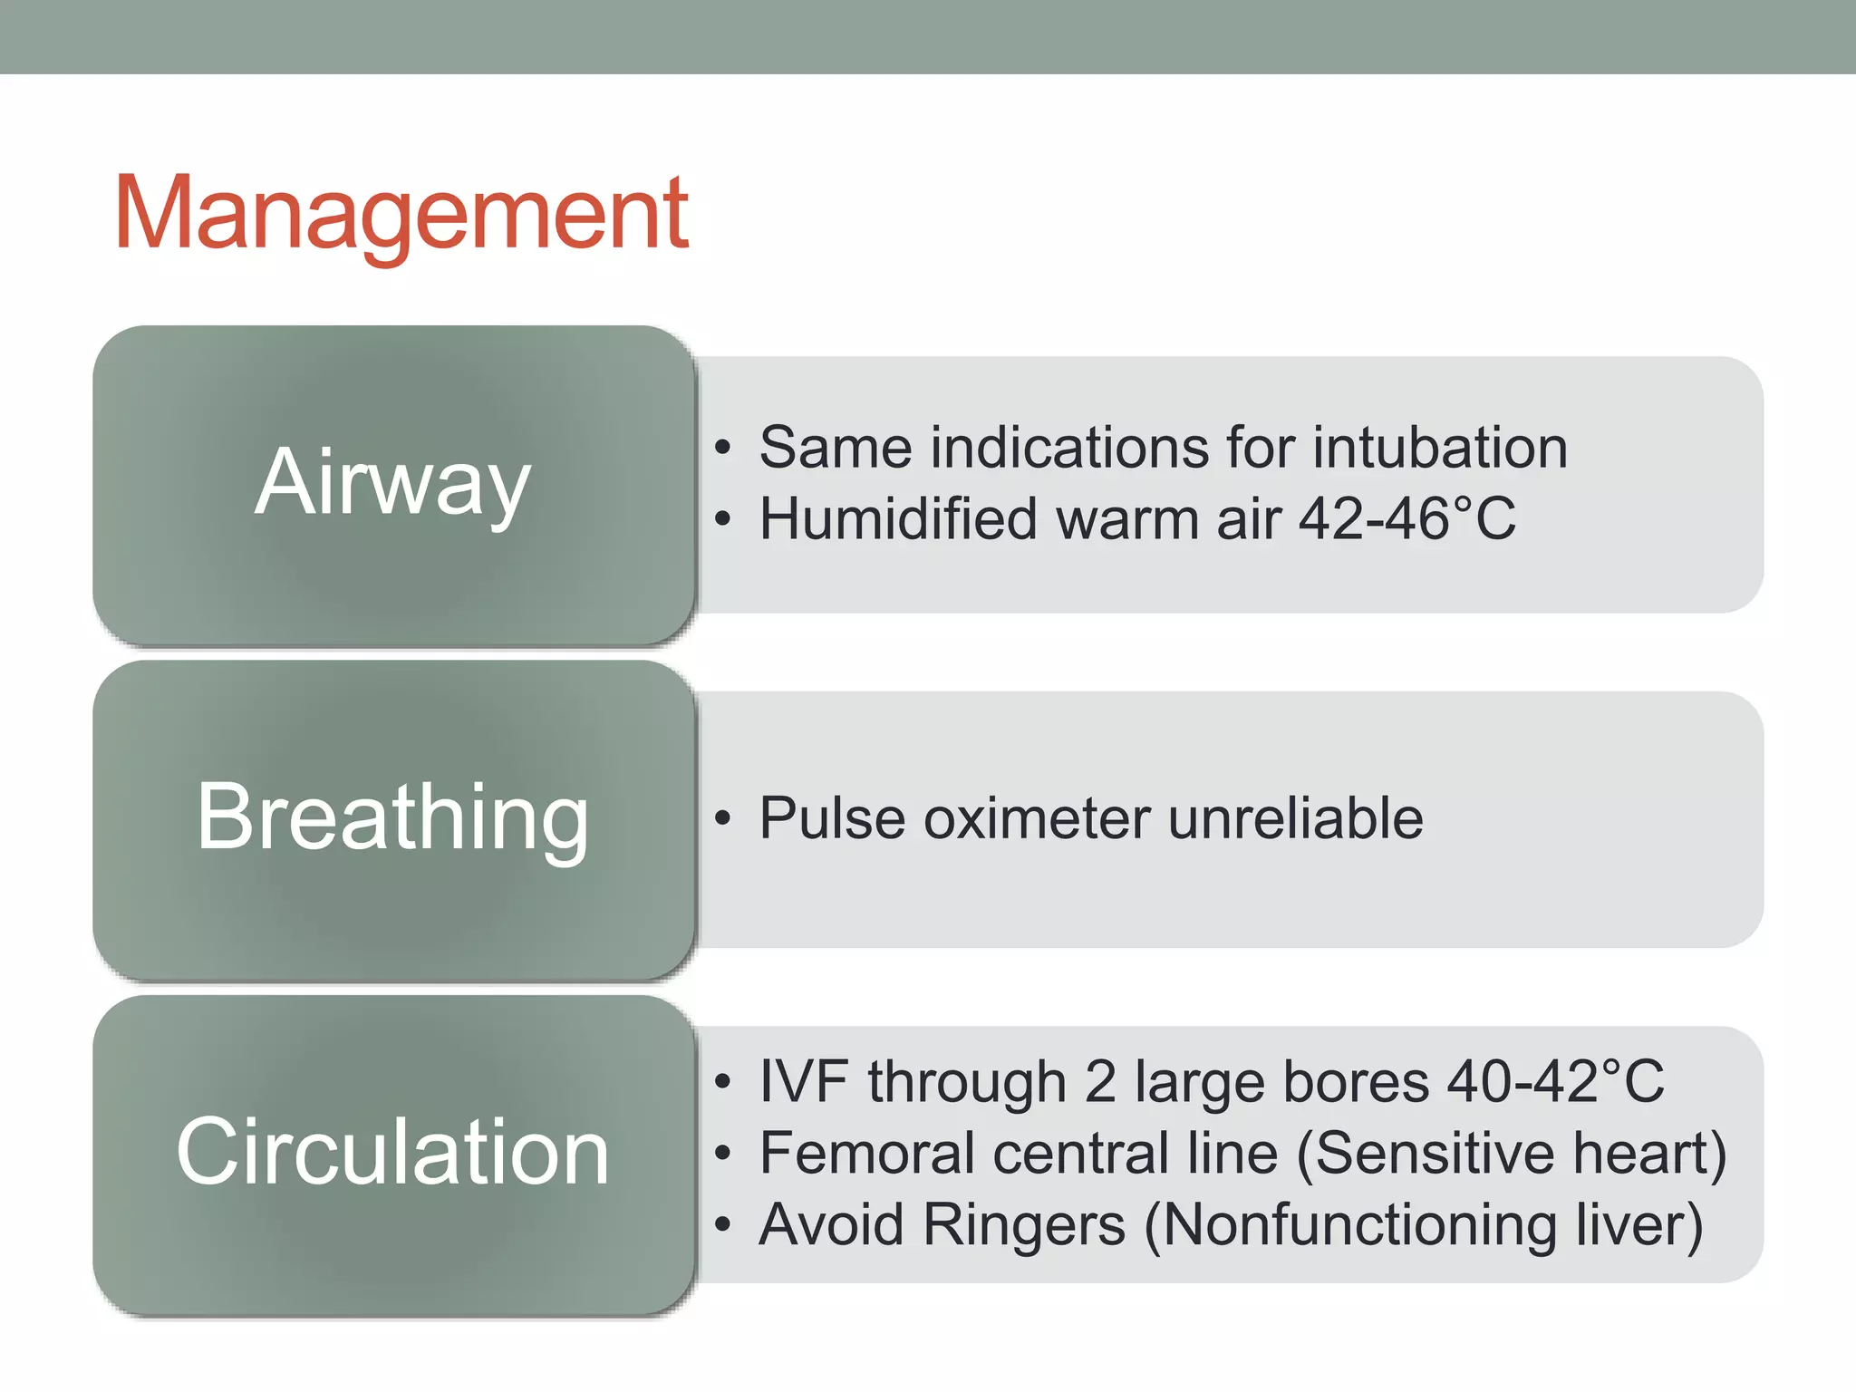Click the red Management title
[x=401, y=214]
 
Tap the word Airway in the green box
[x=391, y=483]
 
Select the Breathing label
[x=391, y=817]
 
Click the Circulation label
[x=391, y=1152]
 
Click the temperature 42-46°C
[x=1406, y=519]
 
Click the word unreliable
[x=1295, y=818]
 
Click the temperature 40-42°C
[x=1555, y=1081]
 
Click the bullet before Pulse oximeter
[x=721, y=818]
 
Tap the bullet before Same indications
[x=721, y=448]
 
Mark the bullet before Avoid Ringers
[x=721, y=1224]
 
